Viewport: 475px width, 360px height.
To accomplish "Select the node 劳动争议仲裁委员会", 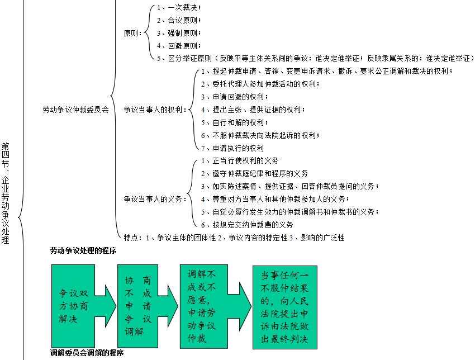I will pyautogui.click(x=75, y=109).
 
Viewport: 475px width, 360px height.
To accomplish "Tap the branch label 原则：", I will pyautogui.click(x=132, y=33).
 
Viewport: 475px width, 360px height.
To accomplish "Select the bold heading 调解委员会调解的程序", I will pyautogui.click(x=87, y=353).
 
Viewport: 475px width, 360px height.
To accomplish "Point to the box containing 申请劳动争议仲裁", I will pyautogui.click(x=202, y=306).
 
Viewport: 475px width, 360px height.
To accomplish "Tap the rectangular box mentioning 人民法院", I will pyautogui.click(x=284, y=307).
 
